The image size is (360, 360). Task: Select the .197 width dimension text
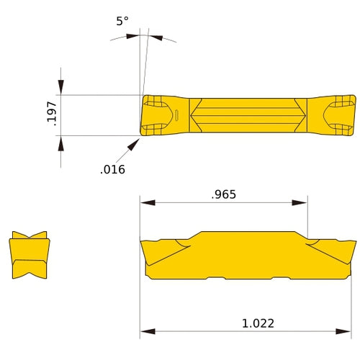pyautogui.click(x=50, y=114)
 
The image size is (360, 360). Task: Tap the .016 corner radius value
pyautogui.click(x=113, y=170)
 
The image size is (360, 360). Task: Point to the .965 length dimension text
pyautogui.click(x=224, y=194)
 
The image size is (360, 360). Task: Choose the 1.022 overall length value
pyautogui.click(x=258, y=323)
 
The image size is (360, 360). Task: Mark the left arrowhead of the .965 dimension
pyautogui.click(x=145, y=203)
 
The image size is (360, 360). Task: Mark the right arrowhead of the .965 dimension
pyautogui.click(x=303, y=203)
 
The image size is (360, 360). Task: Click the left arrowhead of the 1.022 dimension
pyautogui.click(x=145, y=332)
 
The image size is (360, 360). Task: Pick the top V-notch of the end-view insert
pyautogui.click(x=30, y=236)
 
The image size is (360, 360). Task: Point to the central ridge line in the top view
pyautogui.click(x=248, y=114)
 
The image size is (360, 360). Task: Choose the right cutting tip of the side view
pyautogui.click(x=355, y=242)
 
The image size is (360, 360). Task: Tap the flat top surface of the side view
pyautogui.click(x=248, y=233)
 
